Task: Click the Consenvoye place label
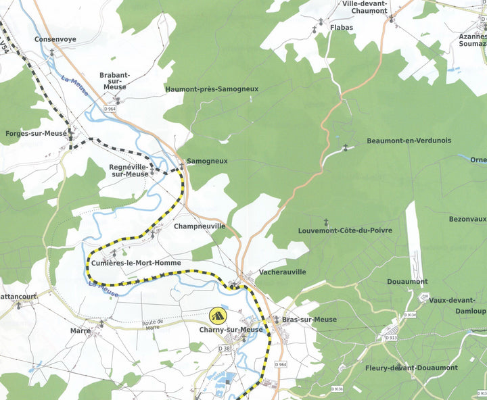point(55,39)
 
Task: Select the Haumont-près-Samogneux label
point(212,89)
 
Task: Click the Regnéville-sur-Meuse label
point(129,170)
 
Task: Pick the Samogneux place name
point(207,161)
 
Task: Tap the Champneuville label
point(200,226)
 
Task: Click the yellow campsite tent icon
point(218,314)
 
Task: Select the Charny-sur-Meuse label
point(231,330)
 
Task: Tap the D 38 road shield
point(224,347)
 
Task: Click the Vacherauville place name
point(283,272)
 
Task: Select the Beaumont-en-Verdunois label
point(409,141)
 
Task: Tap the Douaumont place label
point(407,281)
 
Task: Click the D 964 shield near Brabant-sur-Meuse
point(111,109)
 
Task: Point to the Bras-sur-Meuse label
point(309,320)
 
